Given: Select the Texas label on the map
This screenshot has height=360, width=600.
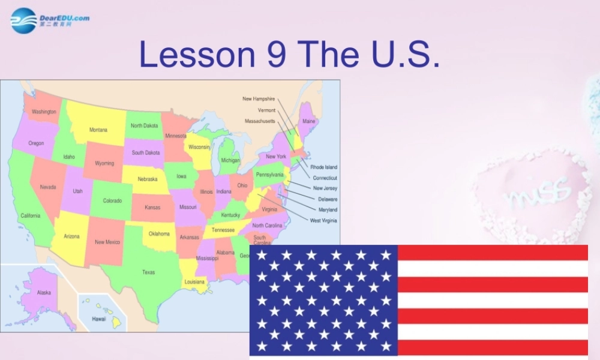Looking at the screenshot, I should pyautogui.click(x=148, y=272).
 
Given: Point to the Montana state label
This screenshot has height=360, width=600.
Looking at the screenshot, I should pyautogui.click(x=98, y=130).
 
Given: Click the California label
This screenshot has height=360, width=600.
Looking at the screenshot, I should pyautogui.click(x=31, y=215).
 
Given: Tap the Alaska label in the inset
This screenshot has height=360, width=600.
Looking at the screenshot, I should pyautogui.click(x=44, y=293).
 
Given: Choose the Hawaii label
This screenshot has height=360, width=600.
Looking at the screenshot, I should pyautogui.click(x=99, y=319).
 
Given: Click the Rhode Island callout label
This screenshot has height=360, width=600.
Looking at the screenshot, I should pyautogui.click(x=323, y=167).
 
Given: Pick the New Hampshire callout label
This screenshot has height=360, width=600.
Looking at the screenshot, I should pyautogui.click(x=259, y=99).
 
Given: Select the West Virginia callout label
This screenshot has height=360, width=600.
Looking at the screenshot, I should pyautogui.click(x=323, y=221).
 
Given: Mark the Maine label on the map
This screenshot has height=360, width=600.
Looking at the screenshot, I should pyautogui.click(x=308, y=121).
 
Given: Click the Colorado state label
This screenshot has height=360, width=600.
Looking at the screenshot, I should pyautogui.click(x=113, y=201).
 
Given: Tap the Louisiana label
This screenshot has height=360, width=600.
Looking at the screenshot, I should pyautogui.click(x=194, y=281).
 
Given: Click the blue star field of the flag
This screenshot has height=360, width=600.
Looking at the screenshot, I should pyautogui.click(x=324, y=300).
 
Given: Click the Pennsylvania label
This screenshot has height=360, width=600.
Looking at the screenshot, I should pyautogui.click(x=270, y=175).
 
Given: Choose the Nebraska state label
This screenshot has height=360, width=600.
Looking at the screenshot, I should pyautogui.click(x=148, y=179).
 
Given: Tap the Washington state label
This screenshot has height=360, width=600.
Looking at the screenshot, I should pyautogui.click(x=44, y=112).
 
